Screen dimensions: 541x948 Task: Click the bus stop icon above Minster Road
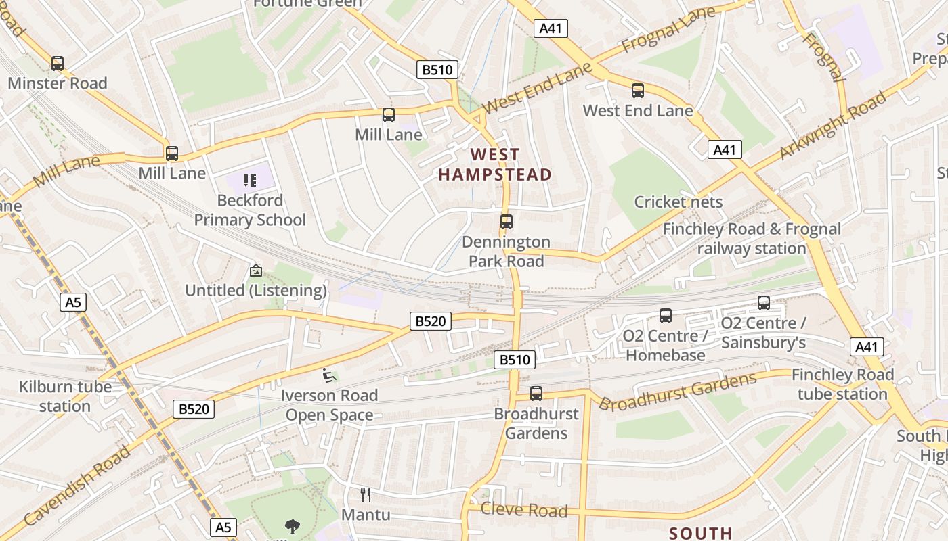[58, 64]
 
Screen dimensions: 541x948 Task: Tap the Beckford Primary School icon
[250, 181]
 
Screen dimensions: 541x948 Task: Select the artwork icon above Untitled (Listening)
[256, 270]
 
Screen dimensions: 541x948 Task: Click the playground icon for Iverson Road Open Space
[329, 375]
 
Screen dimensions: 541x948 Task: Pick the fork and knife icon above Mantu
[366, 494]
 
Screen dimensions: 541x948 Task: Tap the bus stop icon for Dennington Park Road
[506, 221]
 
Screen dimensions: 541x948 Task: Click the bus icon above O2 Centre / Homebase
[666, 316]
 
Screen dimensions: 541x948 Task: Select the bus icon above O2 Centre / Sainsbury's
[764, 303]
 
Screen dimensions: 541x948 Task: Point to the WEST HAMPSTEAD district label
[495, 165]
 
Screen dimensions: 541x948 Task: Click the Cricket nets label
[678, 202]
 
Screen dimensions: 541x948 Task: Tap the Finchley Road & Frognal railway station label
[752, 239]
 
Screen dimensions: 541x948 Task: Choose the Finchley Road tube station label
[842, 384]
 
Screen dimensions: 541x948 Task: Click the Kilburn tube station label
[65, 396]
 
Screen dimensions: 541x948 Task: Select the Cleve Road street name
[524, 510]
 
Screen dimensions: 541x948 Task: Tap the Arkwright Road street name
[833, 126]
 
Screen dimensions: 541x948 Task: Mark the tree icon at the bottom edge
[293, 527]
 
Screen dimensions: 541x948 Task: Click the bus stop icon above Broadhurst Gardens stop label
[536, 393]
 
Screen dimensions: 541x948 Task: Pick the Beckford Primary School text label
[250, 210]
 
